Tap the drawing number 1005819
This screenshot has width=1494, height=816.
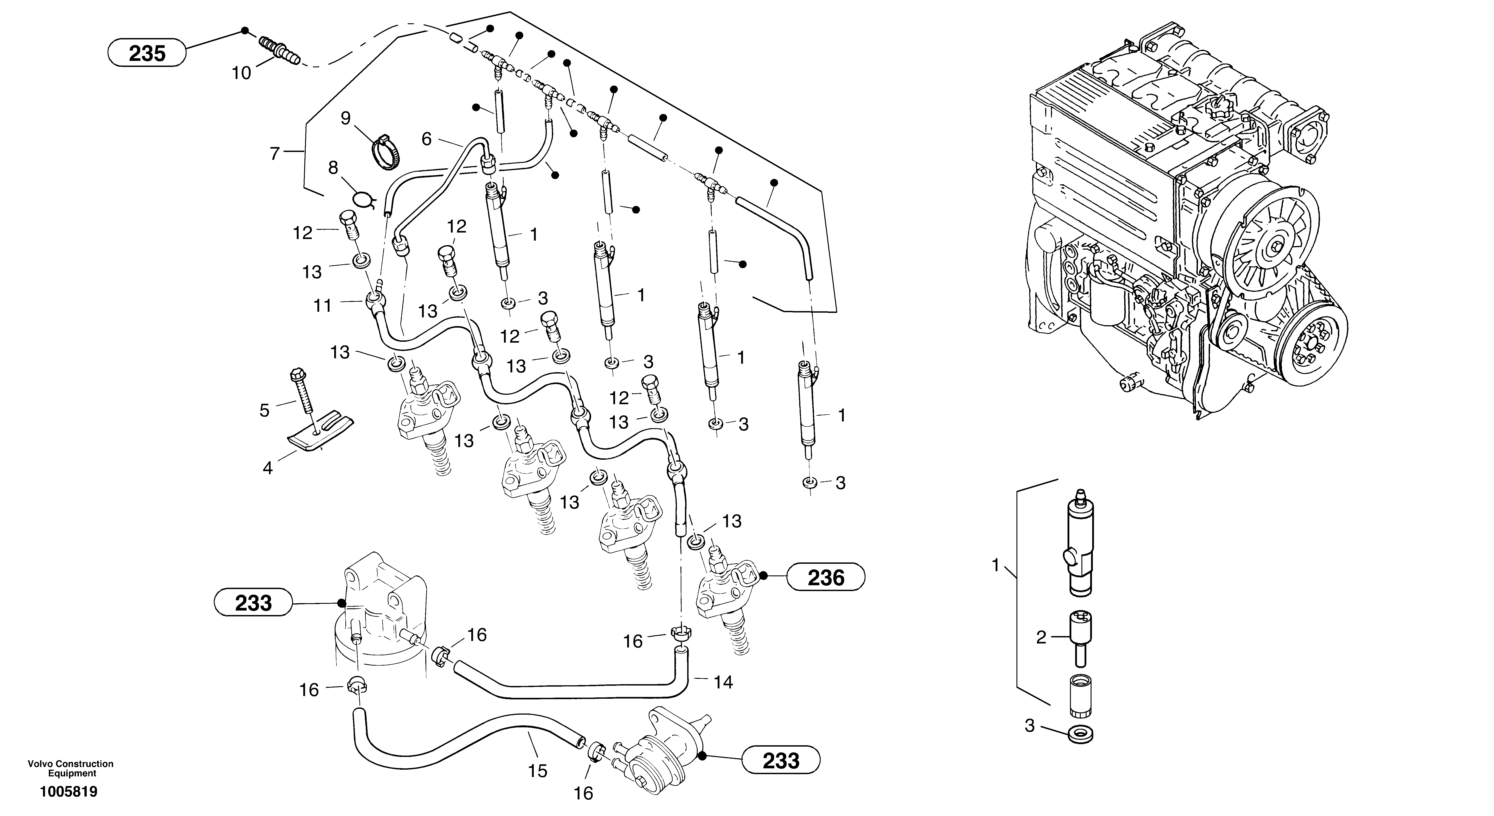coord(69,792)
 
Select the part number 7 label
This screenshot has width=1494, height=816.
coord(275,154)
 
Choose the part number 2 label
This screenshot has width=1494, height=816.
coord(1041,638)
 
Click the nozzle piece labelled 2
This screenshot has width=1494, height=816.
coord(1079,637)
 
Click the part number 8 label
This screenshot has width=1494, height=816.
coord(333,168)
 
